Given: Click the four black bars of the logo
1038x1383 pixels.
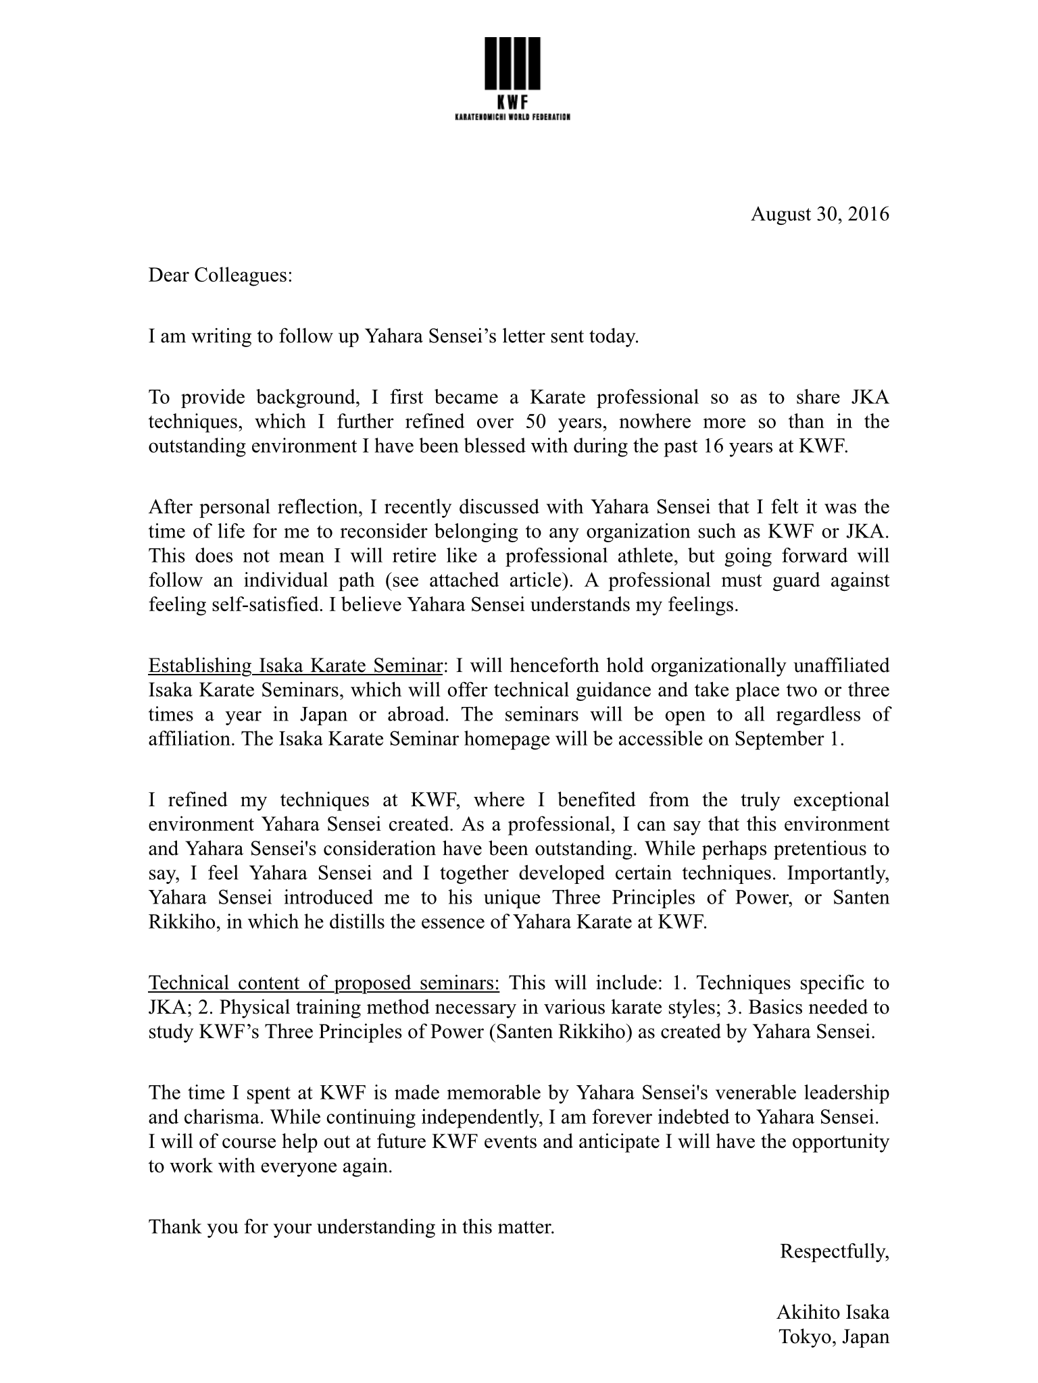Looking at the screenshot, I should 513,63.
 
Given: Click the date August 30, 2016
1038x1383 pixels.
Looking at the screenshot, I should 820,214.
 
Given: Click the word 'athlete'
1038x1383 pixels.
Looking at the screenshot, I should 645,555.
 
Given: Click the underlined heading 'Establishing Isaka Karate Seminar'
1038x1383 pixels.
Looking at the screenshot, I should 295,665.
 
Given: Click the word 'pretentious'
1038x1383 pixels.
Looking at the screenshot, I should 779,848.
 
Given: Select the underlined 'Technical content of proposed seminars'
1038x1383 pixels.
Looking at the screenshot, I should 324,983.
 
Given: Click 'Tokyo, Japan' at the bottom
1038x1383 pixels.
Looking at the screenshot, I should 834,1336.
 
